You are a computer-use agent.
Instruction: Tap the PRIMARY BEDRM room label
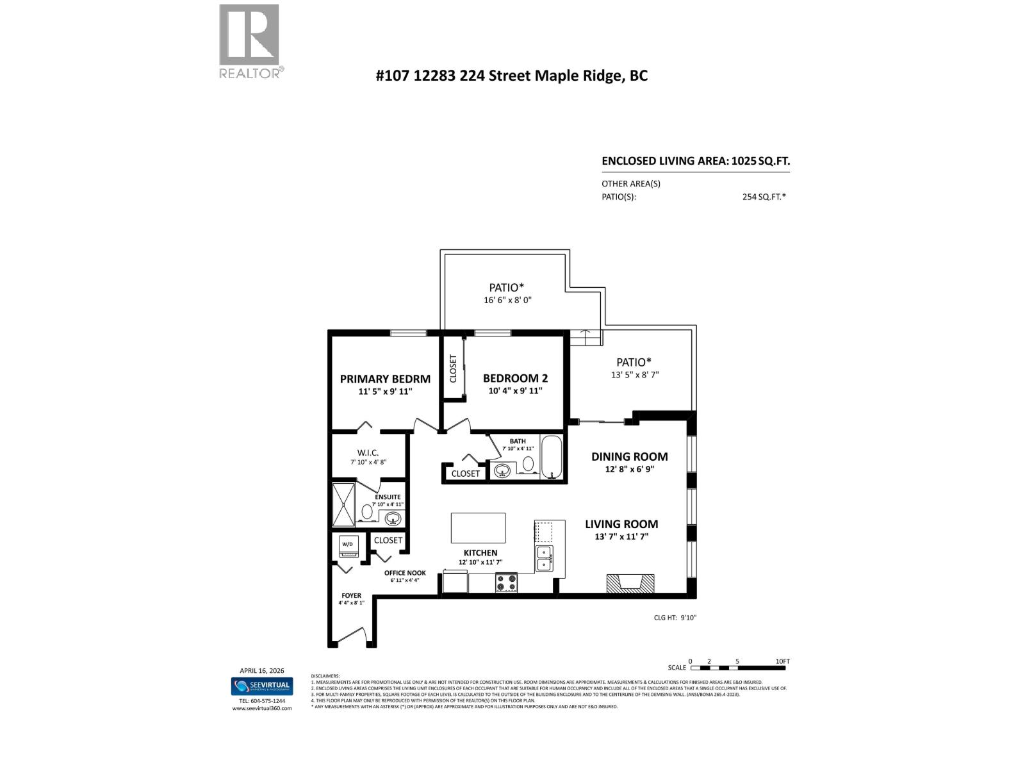385,379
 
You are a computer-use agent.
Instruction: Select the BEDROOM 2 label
515,378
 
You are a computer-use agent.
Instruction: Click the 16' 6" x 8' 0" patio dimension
507,300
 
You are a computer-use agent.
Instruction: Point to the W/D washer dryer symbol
348,545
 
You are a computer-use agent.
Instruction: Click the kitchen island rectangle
478,528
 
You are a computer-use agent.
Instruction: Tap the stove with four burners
506,583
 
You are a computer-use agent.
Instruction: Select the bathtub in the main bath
551,457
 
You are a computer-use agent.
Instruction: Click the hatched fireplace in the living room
630,583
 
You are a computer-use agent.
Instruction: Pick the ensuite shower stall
343,504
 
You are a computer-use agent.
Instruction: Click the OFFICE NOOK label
405,573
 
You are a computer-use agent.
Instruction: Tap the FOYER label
351,595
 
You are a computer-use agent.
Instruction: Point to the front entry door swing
351,636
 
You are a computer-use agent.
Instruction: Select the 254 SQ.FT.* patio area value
764,197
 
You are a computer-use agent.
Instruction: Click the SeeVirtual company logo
261,686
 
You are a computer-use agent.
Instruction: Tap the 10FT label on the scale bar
782,661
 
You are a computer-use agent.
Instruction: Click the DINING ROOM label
629,456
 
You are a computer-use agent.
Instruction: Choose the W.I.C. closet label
368,452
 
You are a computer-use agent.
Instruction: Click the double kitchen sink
545,558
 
